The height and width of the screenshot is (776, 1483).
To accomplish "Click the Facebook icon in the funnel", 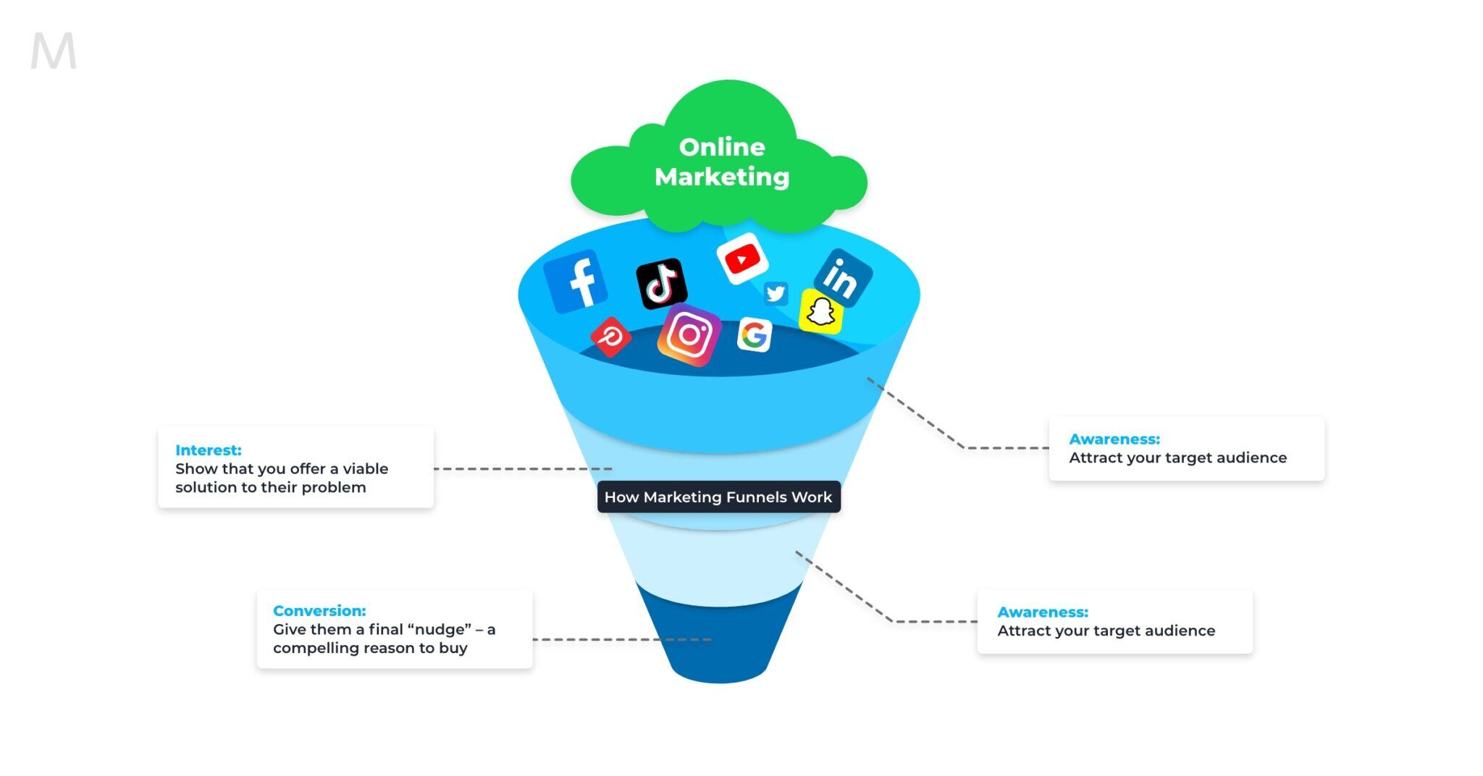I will tap(576, 281).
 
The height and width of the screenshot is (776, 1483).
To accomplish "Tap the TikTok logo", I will tap(661, 283).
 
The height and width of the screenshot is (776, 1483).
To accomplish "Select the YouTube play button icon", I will tap(742, 258).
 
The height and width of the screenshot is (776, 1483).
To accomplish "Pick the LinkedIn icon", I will tap(842, 278).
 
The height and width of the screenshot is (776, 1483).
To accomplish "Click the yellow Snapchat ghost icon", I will tap(821, 312).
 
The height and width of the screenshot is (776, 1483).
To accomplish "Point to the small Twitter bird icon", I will tap(776, 293).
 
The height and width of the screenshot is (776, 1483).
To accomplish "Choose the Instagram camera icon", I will tap(689, 334).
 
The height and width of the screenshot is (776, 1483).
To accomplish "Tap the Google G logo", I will tap(755, 335).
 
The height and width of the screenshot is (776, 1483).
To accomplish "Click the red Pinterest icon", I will tap(611, 337).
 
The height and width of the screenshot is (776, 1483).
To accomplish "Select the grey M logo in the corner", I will tap(53, 51).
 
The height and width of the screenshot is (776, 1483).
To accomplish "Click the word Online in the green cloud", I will tap(722, 147).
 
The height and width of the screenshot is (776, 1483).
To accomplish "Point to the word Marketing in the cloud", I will tap(722, 177).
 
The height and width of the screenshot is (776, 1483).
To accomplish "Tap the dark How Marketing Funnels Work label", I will tap(718, 497).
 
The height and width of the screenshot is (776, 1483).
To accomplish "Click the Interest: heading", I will tap(209, 450).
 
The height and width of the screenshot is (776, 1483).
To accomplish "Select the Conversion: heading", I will tap(319, 611).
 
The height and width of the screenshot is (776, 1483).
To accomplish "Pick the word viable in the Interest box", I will tap(366, 469).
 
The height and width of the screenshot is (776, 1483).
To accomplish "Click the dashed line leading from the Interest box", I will tap(521, 469).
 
